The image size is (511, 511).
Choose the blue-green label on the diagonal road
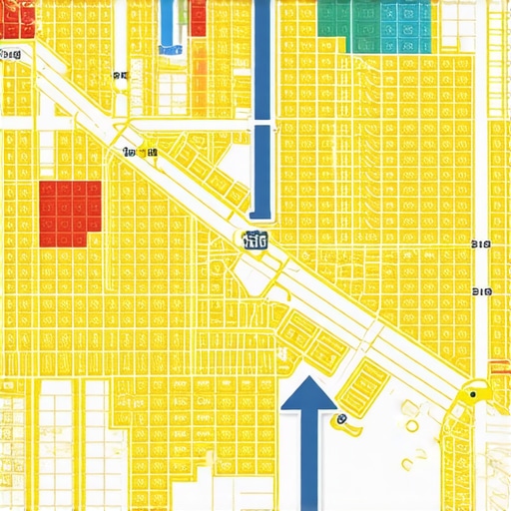tap(255, 240)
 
